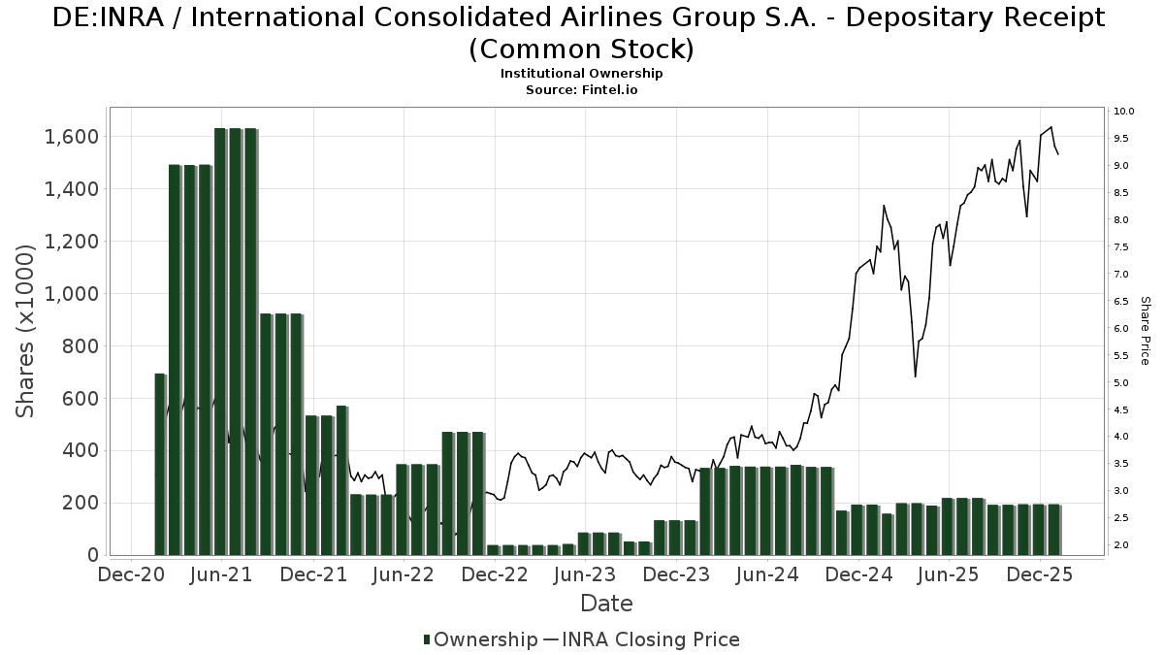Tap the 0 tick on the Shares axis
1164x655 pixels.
tap(93, 555)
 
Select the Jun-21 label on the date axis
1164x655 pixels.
tap(222, 575)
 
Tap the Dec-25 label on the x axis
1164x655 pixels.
tap(1039, 575)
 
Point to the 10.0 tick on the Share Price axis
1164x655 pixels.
tap(1123, 112)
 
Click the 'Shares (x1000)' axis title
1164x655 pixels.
tap(26, 331)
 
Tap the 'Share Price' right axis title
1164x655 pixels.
tap(1145, 331)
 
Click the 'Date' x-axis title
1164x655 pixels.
tap(606, 604)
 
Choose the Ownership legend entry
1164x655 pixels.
tap(480, 639)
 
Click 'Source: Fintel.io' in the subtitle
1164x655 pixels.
tap(581, 89)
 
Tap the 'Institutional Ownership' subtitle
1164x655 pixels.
tap(581, 74)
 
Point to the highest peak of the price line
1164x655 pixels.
tap(1051, 127)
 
